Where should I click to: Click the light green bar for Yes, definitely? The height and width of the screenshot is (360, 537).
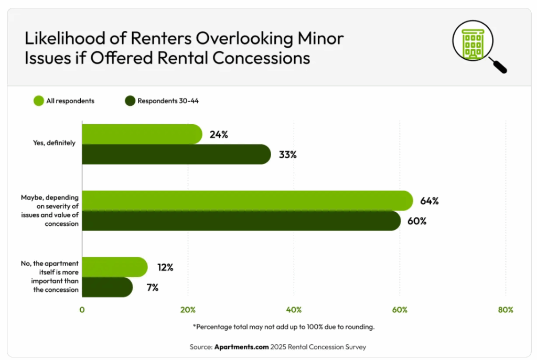click(x=142, y=134)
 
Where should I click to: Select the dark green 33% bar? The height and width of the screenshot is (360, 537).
click(x=176, y=155)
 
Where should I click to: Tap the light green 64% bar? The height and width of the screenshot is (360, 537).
click(x=246, y=201)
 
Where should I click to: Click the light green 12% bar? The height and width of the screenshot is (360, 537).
click(x=114, y=267)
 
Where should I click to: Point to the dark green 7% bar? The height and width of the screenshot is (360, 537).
click(x=107, y=287)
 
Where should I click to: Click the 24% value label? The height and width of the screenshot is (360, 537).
click(x=218, y=134)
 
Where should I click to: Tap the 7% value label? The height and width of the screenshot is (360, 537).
click(x=152, y=287)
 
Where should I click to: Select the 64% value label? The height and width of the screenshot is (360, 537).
click(x=429, y=201)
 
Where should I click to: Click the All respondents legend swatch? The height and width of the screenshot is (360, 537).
click(x=38, y=101)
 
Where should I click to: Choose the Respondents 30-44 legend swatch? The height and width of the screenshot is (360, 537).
click(x=130, y=101)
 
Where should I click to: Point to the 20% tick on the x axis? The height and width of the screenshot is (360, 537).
click(x=188, y=310)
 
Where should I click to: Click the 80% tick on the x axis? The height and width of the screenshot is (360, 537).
click(x=505, y=310)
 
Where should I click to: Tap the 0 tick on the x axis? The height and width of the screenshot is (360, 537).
click(x=82, y=310)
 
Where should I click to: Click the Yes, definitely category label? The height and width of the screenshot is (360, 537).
click(x=55, y=143)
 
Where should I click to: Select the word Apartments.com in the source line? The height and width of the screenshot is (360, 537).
click(x=241, y=347)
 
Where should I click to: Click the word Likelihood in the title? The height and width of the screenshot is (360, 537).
click(x=61, y=38)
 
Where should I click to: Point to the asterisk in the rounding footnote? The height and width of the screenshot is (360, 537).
click(x=195, y=326)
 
